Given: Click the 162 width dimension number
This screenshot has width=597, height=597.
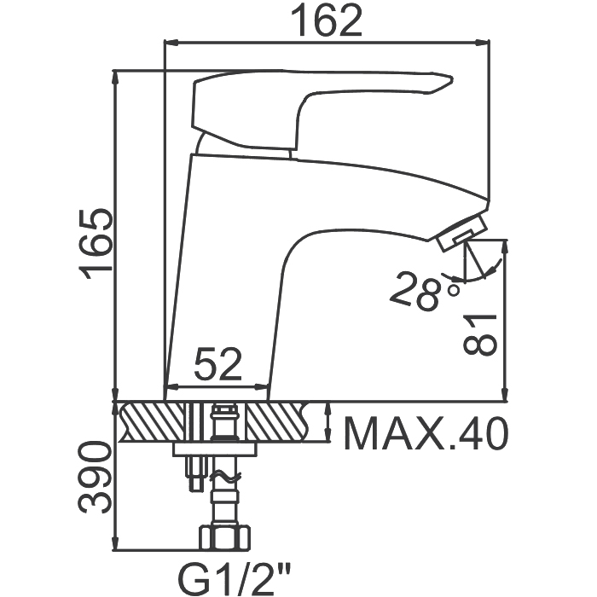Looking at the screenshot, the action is click(x=326, y=21).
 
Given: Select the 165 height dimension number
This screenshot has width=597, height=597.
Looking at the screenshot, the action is click(x=96, y=245).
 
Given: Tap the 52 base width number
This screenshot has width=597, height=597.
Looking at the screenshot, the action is click(x=217, y=364).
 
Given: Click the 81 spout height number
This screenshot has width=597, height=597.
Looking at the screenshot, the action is click(x=480, y=334).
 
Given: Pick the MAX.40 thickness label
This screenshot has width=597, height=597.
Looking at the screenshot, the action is click(x=426, y=433).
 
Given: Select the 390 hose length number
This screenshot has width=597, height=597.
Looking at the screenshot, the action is click(x=95, y=478).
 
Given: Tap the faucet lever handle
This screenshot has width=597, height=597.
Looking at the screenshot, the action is click(x=316, y=106).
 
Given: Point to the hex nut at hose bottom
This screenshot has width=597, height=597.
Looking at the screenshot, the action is click(x=225, y=538).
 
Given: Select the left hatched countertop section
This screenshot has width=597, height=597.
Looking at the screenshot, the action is click(x=153, y=422).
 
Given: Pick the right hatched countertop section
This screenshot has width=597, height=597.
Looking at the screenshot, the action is click(x=278, y=422).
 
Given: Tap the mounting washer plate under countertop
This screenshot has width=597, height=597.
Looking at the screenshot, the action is click(x=215, y=449).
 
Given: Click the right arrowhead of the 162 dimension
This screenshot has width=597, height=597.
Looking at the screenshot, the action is click(x=482, y=43).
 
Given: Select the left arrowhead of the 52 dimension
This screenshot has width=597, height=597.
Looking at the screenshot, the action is click(x=172, y=387).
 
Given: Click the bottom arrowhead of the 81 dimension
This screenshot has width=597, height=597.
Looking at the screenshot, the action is click(x=506, y=394).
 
